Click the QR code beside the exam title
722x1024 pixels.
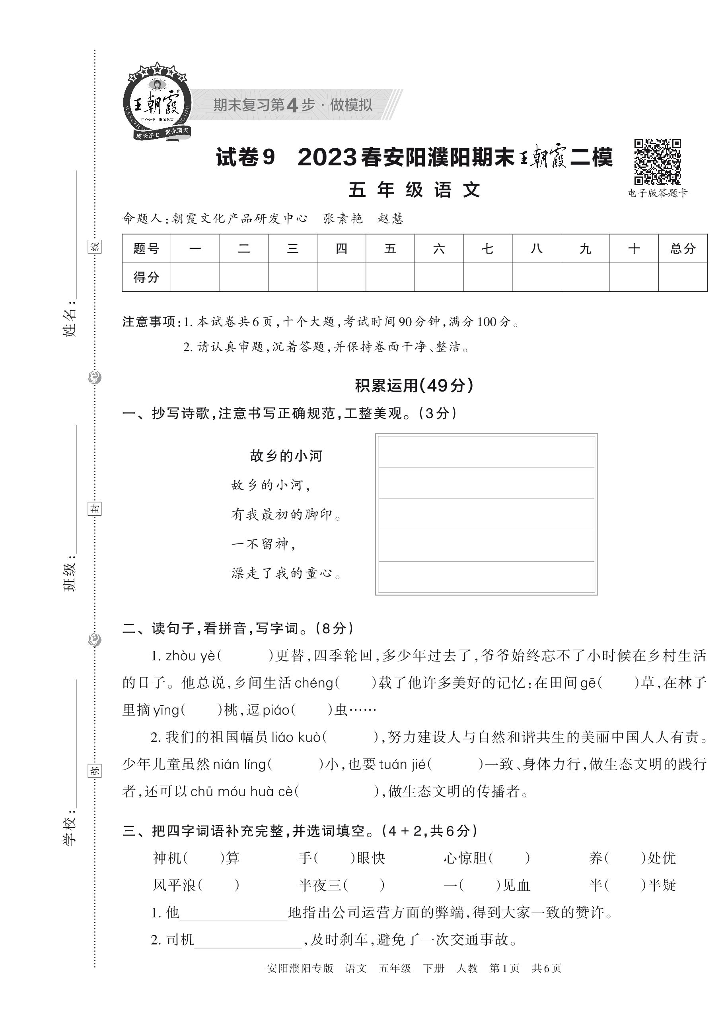[x=657, y=162]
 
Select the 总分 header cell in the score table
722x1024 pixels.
[x=682, y=248]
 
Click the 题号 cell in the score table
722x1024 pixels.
[x=146, y=248]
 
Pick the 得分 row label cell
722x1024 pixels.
[x=146, y=277]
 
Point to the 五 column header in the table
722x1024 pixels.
[x=390, y=248]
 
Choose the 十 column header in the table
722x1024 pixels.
[x=634, y=248]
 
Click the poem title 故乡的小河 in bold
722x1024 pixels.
[x=286, y=456]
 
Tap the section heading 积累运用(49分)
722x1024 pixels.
[x=414, y=385]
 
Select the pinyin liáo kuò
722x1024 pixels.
[x=296, y=737]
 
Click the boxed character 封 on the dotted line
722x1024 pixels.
[x=94, y=508]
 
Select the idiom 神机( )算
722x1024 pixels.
[x=197, y=858]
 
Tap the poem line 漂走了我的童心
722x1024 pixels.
[x=286, y=574]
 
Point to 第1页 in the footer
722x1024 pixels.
[x=504, y=968]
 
